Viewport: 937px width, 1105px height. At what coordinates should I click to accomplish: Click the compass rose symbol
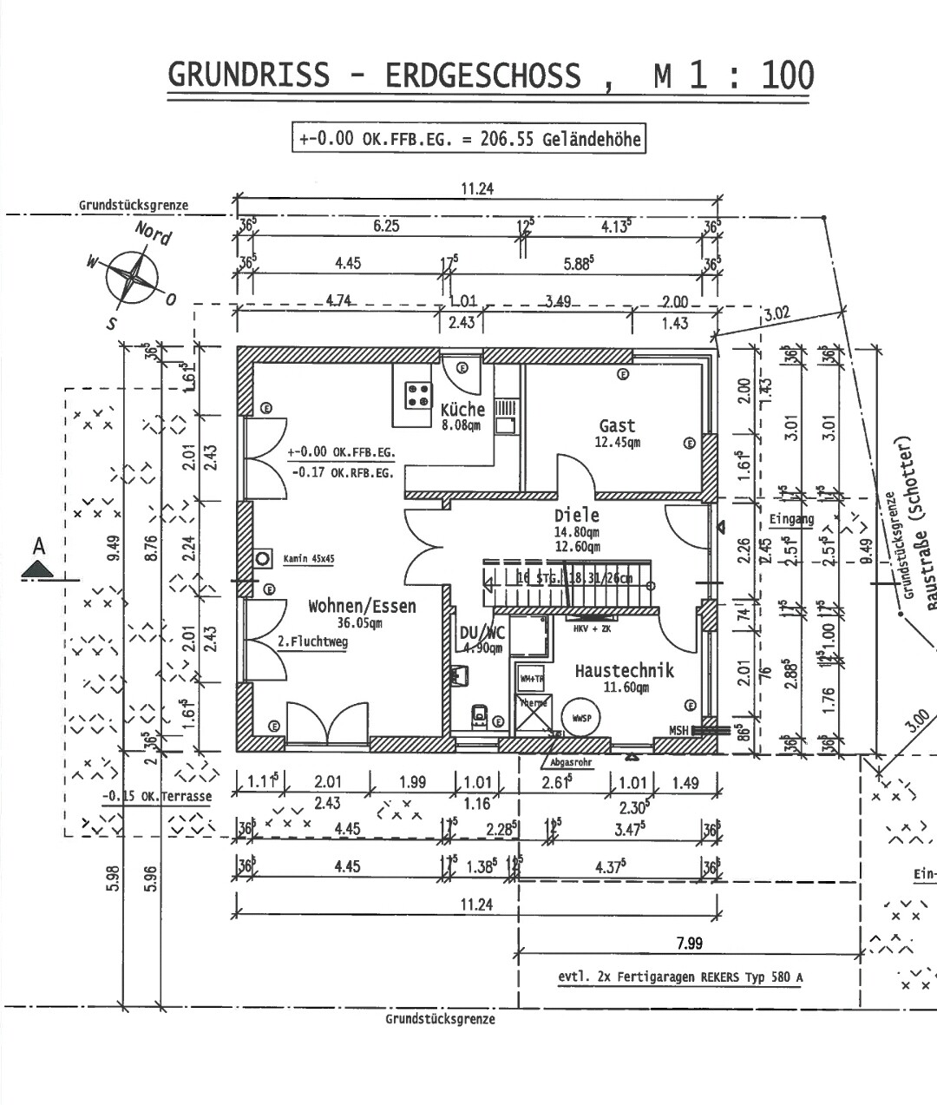pyautogui.click(x=132, y=277)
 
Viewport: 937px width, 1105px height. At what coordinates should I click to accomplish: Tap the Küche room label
pyautogui.click(x=462, y=410)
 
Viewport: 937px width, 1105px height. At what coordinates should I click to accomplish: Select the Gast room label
pyautogui.click(x=617, y=426)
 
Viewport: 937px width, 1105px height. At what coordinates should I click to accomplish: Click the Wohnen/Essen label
pyautogui.click(x=362, y=606)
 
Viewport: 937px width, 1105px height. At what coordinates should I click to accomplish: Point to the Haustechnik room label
pyautogui.click(x=624, y=670)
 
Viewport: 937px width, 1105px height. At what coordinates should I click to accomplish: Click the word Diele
pyautogui.click(x=577, y=515)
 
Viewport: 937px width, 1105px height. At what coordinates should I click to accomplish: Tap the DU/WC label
pyautogui.click(x=482, y=633)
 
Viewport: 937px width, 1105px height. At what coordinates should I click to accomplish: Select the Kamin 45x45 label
pyautogui.click(x=309, y=560)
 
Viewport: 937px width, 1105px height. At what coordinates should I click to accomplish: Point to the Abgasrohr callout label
pyautogui.click(x=568, y=763)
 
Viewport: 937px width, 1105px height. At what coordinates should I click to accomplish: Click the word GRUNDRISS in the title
pyautogui.click(x=248, y=75)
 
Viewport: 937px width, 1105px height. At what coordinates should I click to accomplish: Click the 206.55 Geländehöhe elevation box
pyautogui.click(x=469, y=139)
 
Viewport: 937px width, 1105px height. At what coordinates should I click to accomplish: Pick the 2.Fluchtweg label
pyautogui.click(x=312, y=642)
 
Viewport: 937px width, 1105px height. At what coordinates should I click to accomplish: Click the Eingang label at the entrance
pyautogui.click(x=790, y=520)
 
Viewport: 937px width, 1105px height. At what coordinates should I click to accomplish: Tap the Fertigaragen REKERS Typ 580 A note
pyautogui.click(x=679, y=977)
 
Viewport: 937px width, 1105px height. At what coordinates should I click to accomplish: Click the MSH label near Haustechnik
pyautogui.click(x=678, y=731)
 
